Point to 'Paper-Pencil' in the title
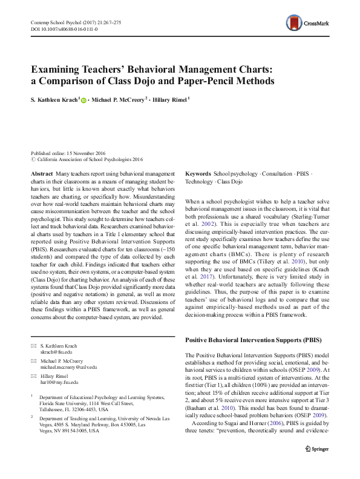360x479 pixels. (x=217, y=81)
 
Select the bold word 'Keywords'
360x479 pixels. (x=198, y=173)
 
